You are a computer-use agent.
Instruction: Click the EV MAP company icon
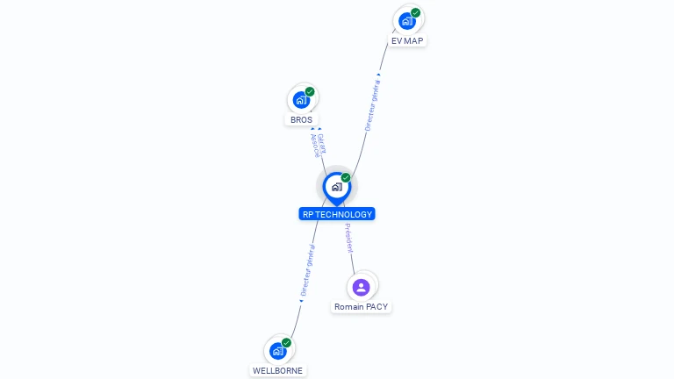click(x=406, y=21)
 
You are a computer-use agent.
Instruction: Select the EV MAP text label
click(x=407, y=41)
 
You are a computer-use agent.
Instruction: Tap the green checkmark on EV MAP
click(x=415, y=13)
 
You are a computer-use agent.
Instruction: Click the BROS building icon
click(x=301, y=100)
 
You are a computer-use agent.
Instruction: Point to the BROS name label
click(x=301, y=120)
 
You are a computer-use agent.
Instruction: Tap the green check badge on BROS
click(x=310, y=91)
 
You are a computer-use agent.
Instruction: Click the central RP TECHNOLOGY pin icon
click(x=336, y=187)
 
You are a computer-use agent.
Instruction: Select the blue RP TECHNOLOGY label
click(x=337, y=214)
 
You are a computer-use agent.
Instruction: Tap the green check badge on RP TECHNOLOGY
click(x=346, y=178)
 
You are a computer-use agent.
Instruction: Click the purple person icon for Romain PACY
click(x=361, y=287)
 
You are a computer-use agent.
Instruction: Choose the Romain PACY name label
click(x=361, y=307)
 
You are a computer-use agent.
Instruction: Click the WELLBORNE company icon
click(x=277, y=351)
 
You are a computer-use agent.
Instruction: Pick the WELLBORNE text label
click(x=277, y=371)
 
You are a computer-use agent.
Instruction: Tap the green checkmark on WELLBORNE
click(x=286, y=343)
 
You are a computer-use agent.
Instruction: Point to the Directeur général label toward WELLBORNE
click(x=307, y=271)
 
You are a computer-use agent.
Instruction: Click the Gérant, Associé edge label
click(x=318, y=146)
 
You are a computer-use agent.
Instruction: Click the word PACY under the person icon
click(x=375, y=307)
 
